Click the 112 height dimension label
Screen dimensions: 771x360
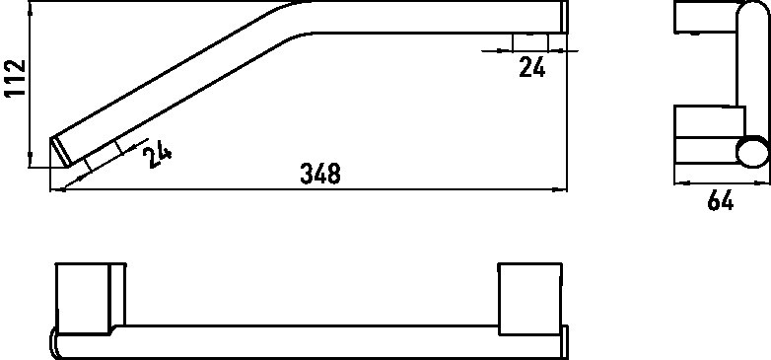tap(15, 78)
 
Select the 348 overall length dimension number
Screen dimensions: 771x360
tap(320, 175)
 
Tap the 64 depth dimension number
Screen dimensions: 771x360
tap(721, 200)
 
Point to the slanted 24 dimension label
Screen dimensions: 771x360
tap(157, 156)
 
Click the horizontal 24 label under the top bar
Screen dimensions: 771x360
tap(532, 67)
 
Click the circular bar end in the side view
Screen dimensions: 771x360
tap(752, 152)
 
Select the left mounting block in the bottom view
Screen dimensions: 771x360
tap(91, 299)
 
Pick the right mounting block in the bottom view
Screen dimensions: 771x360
tap(529, 299)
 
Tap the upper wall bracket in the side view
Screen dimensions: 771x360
tap(706, 18)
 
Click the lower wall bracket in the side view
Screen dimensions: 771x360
tap(706, 135)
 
